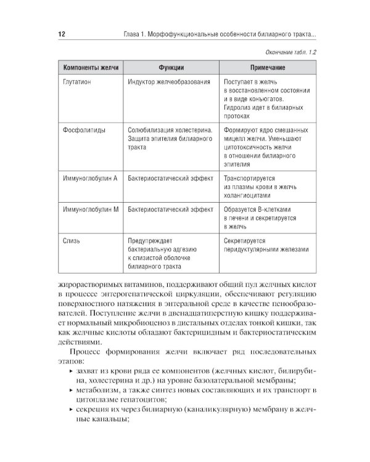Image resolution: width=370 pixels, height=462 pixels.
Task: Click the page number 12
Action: pos(62,33)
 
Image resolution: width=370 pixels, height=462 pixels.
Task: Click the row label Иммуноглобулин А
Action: pos(91,179)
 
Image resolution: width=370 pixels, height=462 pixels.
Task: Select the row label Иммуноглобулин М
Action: pos(91,210)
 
